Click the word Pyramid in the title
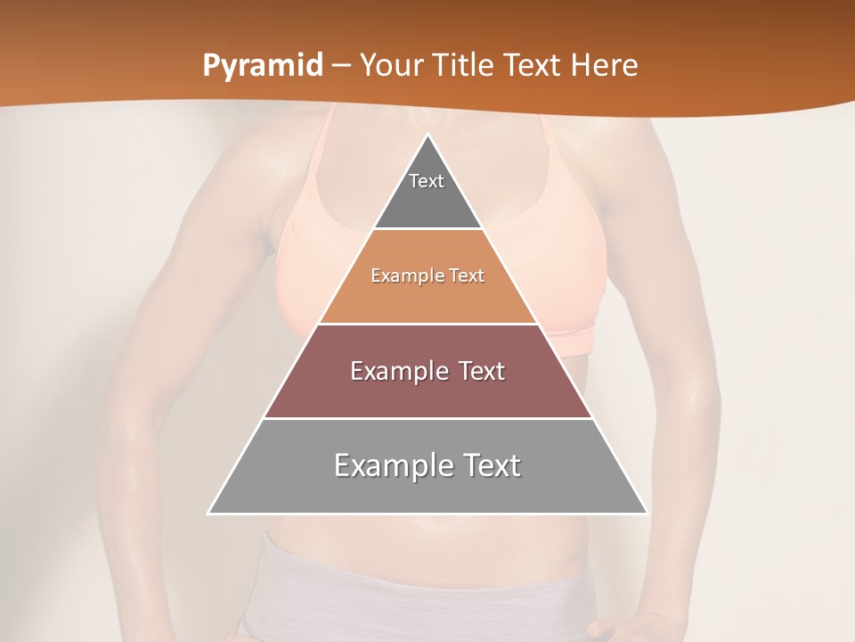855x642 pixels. coord(263,66)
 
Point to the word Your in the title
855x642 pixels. coord(390,65)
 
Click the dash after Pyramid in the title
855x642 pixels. coord(340,66)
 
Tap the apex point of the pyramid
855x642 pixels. coord(427,136)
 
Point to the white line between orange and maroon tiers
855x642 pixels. coord(427,324)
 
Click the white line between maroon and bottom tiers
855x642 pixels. coord(427,418)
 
